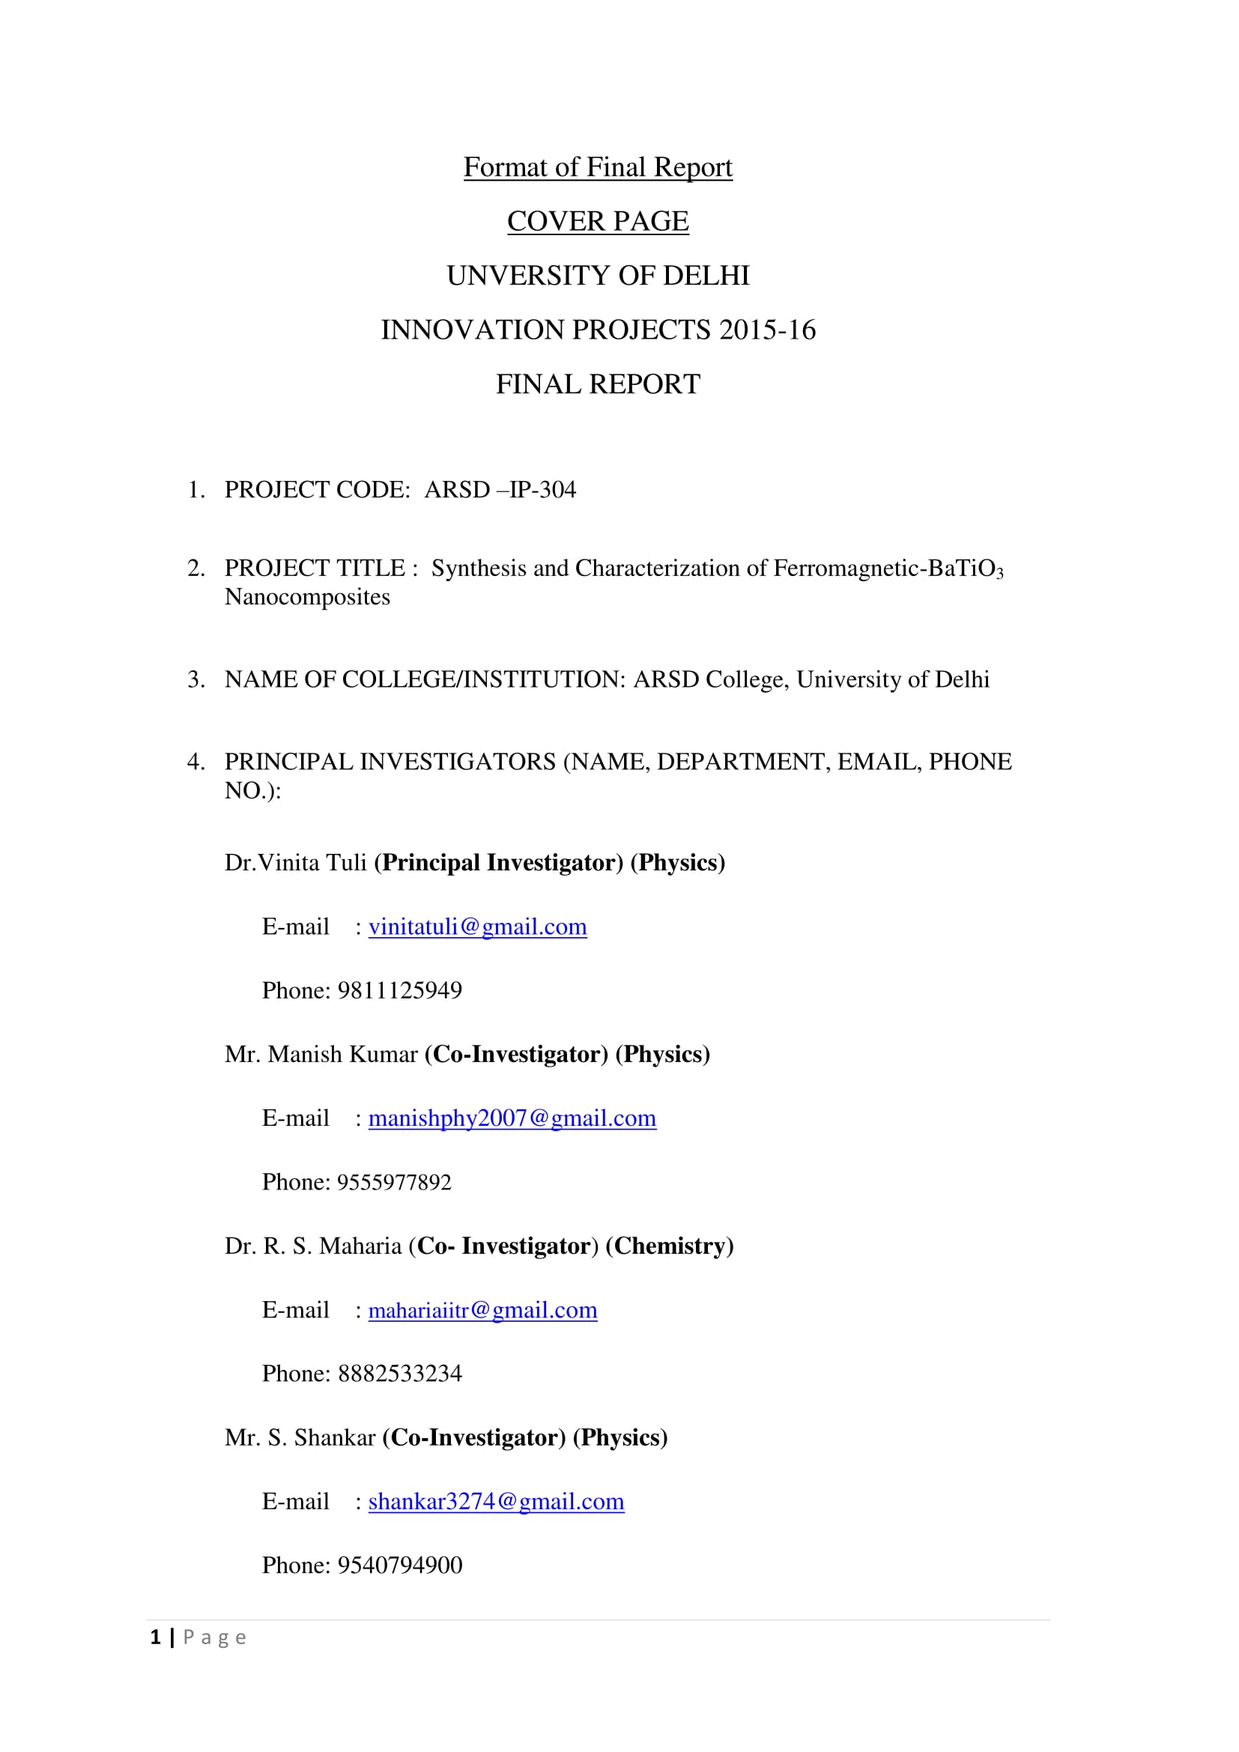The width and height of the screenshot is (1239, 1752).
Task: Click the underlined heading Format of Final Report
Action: [x=597, y=167]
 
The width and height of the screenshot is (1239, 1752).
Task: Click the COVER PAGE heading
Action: [x=597, y=221]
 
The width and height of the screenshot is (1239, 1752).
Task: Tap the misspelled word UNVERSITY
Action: [x=526, y=276]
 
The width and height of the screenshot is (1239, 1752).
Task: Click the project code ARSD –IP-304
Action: [x=500, y=489]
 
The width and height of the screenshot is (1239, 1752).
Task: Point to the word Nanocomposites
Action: [x=306, y=597]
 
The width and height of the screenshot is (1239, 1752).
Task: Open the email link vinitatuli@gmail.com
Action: [x=478, y=927]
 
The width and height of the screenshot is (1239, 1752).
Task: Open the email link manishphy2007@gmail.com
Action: [x=512, y=1118]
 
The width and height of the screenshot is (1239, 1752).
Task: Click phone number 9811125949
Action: [x=400, y=990]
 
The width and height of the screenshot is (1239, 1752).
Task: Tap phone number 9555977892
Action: [x=395, y=1182]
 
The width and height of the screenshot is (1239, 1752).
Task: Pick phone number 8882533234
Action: [x=400, y=1374]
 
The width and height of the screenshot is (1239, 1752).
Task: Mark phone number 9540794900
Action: [x=400, y=1565]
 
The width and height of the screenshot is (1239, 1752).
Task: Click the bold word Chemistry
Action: [x=669, y=1246]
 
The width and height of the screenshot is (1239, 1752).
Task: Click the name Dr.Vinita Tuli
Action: [x=295, y=862]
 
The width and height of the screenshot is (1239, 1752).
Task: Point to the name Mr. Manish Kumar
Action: [x=321, y=1054]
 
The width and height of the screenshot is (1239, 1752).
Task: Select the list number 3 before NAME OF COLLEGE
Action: [x=196, y=679]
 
